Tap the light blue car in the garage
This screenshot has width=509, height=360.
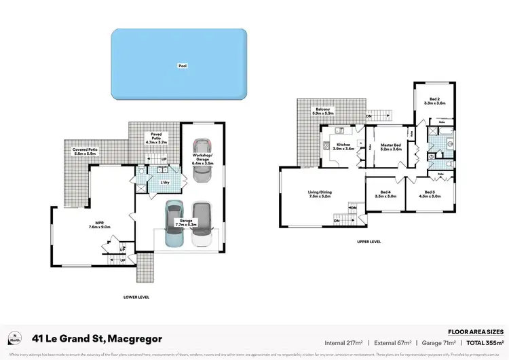174,225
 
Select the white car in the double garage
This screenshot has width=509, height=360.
202,225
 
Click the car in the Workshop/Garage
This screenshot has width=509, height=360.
202,162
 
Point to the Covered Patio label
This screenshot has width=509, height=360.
81,151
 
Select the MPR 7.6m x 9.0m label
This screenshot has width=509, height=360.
99,225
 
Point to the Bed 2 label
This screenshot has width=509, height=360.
434,101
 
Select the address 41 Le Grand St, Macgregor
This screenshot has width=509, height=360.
98,338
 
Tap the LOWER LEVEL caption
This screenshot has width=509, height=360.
136,297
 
